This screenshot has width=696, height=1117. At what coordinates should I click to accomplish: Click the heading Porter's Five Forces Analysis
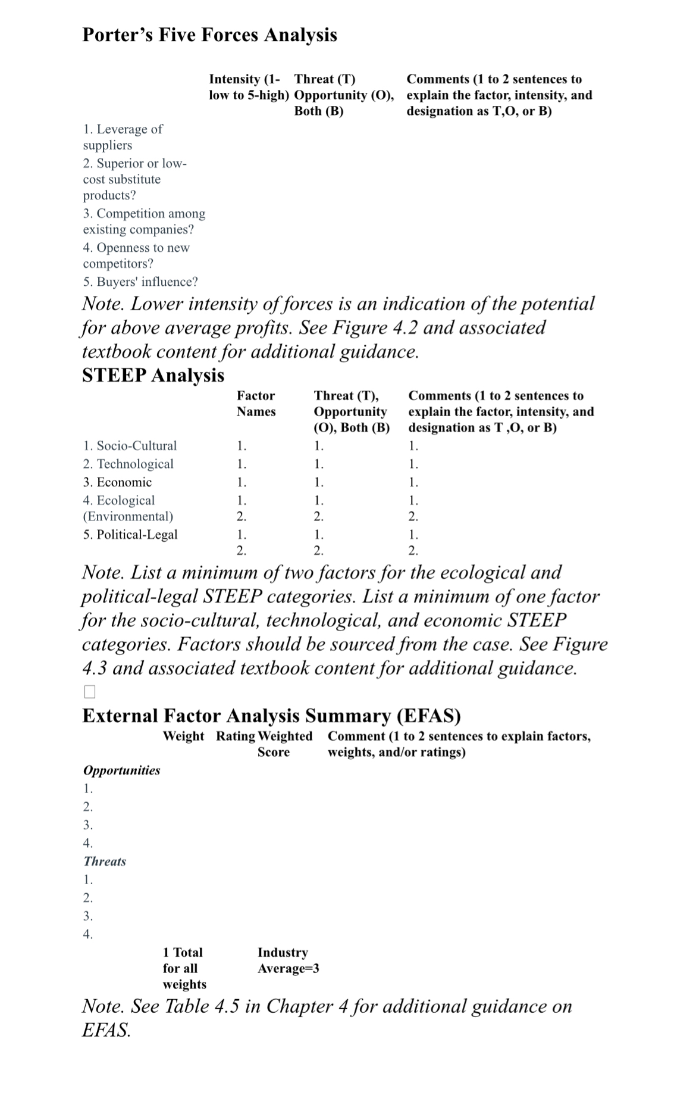click(x=209, y=35)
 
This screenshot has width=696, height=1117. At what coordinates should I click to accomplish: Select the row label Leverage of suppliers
click(x=123, y=137)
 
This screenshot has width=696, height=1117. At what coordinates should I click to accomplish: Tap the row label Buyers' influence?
click(x=140, y=282)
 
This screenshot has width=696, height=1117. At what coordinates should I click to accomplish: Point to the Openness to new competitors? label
click(x=136, y=255)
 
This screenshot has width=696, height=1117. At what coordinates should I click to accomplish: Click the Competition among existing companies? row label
click(x=144, y=221)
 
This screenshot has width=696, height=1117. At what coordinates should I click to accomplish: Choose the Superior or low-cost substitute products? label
click(x=134, y=179)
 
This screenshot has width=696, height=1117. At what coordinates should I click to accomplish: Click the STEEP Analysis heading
click(x=153, y=375)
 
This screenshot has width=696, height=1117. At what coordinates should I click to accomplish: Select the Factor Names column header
click(x=256, y=403)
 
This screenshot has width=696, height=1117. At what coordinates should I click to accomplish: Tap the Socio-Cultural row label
click(x=130, y=445)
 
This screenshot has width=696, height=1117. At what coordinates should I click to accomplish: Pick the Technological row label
click(x=128, y=464)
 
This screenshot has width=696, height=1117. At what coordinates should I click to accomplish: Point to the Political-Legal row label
click(x=130, y=534)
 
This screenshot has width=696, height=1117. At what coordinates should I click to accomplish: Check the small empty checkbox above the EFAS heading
click(x=89, y=691)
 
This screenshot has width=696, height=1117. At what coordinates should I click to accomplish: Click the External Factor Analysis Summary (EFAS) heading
click(x=271, y=715)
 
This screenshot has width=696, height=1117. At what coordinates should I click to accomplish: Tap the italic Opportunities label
click(x=121, y=770)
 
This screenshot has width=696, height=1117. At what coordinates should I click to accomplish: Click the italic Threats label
click(x=105, y=861)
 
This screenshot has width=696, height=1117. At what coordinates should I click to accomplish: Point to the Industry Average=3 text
click(x=288, y=960)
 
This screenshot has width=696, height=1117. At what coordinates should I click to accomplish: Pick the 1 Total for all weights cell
click(x=184, y=968)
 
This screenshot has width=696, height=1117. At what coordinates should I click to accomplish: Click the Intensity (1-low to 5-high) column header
click(x=249, y=87)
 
